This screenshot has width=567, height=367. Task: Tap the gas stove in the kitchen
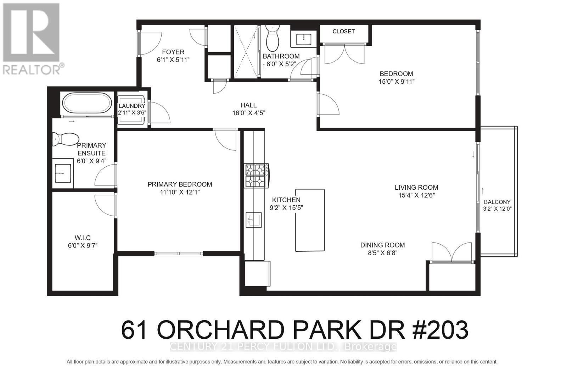tap(257, 176)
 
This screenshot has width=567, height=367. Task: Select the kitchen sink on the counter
tap(254, 220)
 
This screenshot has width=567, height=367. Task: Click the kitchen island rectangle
tap(310, 220)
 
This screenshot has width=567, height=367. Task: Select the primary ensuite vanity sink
tap(63, 174)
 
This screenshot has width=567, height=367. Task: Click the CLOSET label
tap(343, 32)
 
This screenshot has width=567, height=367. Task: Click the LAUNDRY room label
tap(132, 106)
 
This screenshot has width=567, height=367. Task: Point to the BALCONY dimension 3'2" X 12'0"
tap(497, 209)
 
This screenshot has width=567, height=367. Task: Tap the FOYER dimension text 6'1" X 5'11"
tap(173, 60)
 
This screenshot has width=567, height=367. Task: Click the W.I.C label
tap(83, 238)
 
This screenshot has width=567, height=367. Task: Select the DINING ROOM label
tap(382, 245)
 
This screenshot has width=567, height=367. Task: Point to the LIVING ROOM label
tap(416, 188)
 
